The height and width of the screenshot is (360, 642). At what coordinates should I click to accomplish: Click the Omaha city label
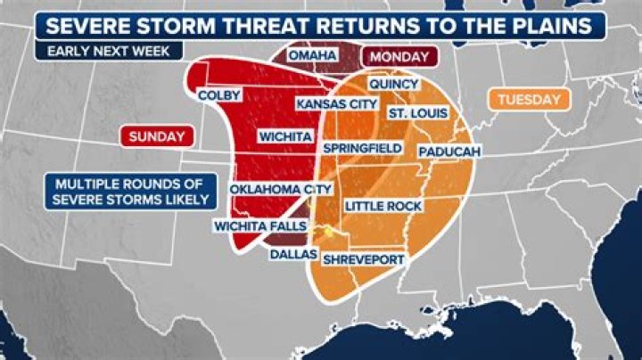click(312, 55)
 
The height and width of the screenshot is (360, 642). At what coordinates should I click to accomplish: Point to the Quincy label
click(393, 84)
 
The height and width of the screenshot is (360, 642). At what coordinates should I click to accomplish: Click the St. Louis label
click(416, 113)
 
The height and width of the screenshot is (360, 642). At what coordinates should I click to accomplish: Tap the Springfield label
click(360, 146)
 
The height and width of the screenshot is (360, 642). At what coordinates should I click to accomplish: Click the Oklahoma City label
click(281, 189)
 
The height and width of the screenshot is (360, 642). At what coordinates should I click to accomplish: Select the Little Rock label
click(383, 206)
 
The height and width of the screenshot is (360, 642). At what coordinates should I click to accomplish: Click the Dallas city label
click(293, 253)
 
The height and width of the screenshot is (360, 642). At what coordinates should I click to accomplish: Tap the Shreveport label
click(364, 259)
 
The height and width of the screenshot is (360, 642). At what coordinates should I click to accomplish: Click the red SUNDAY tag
click(157, 136)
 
